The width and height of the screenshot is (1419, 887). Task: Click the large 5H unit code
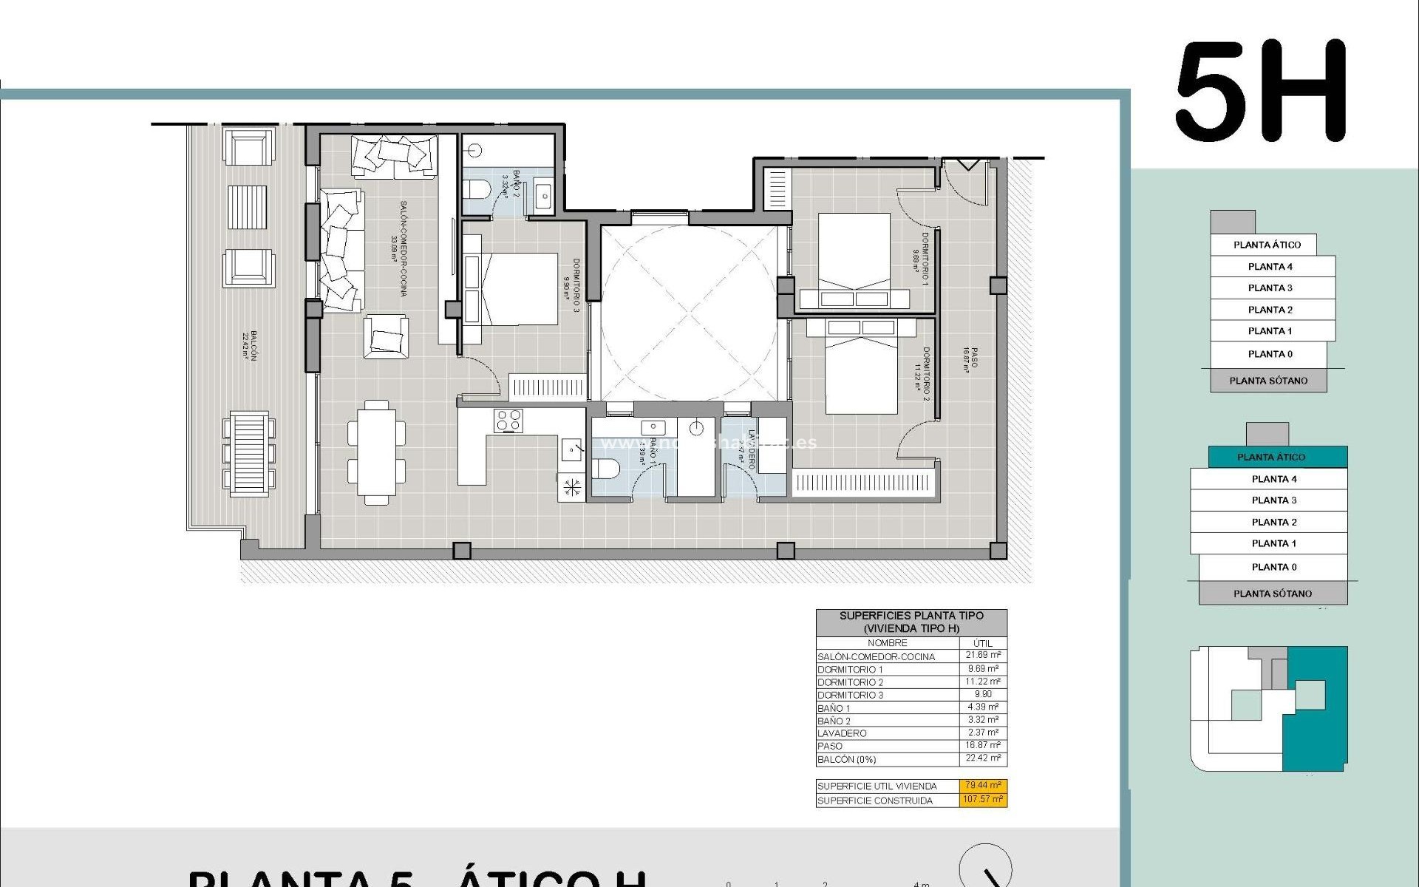tap(1261, 92)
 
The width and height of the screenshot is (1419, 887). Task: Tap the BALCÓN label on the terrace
tap(249, 344)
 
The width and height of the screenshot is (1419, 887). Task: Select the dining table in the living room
tap(376, 452)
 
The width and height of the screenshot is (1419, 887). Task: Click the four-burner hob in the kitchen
tap(509, 420)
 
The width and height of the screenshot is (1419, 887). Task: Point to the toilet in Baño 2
tap(477, 189)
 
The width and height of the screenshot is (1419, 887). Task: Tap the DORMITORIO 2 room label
tap(922, 374)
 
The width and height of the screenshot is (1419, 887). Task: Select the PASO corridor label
tap(970, 360)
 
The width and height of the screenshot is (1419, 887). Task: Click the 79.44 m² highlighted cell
tap(983, 786)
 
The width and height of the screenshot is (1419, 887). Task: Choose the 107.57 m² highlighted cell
tap(983, 800)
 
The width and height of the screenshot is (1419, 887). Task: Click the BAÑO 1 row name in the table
tap(834, 708)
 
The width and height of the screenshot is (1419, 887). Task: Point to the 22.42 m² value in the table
tap(983, 758)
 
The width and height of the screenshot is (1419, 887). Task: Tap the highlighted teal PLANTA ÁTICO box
tap(1271, 457)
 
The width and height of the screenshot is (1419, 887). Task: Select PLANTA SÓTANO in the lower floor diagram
tap(1273, 594)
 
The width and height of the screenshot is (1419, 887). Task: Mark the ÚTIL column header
tap(983, 643)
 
